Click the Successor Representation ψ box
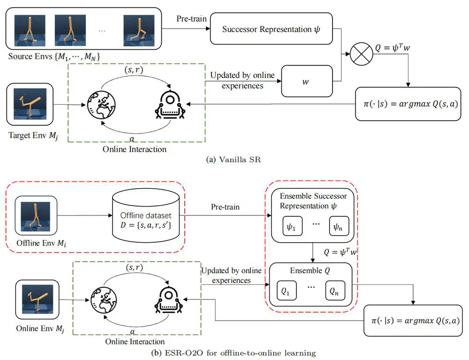point(272,29)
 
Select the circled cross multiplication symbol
point(361,55)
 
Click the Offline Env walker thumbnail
point(36,215)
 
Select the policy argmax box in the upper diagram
point(405,103)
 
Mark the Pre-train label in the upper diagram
point(190,18)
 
